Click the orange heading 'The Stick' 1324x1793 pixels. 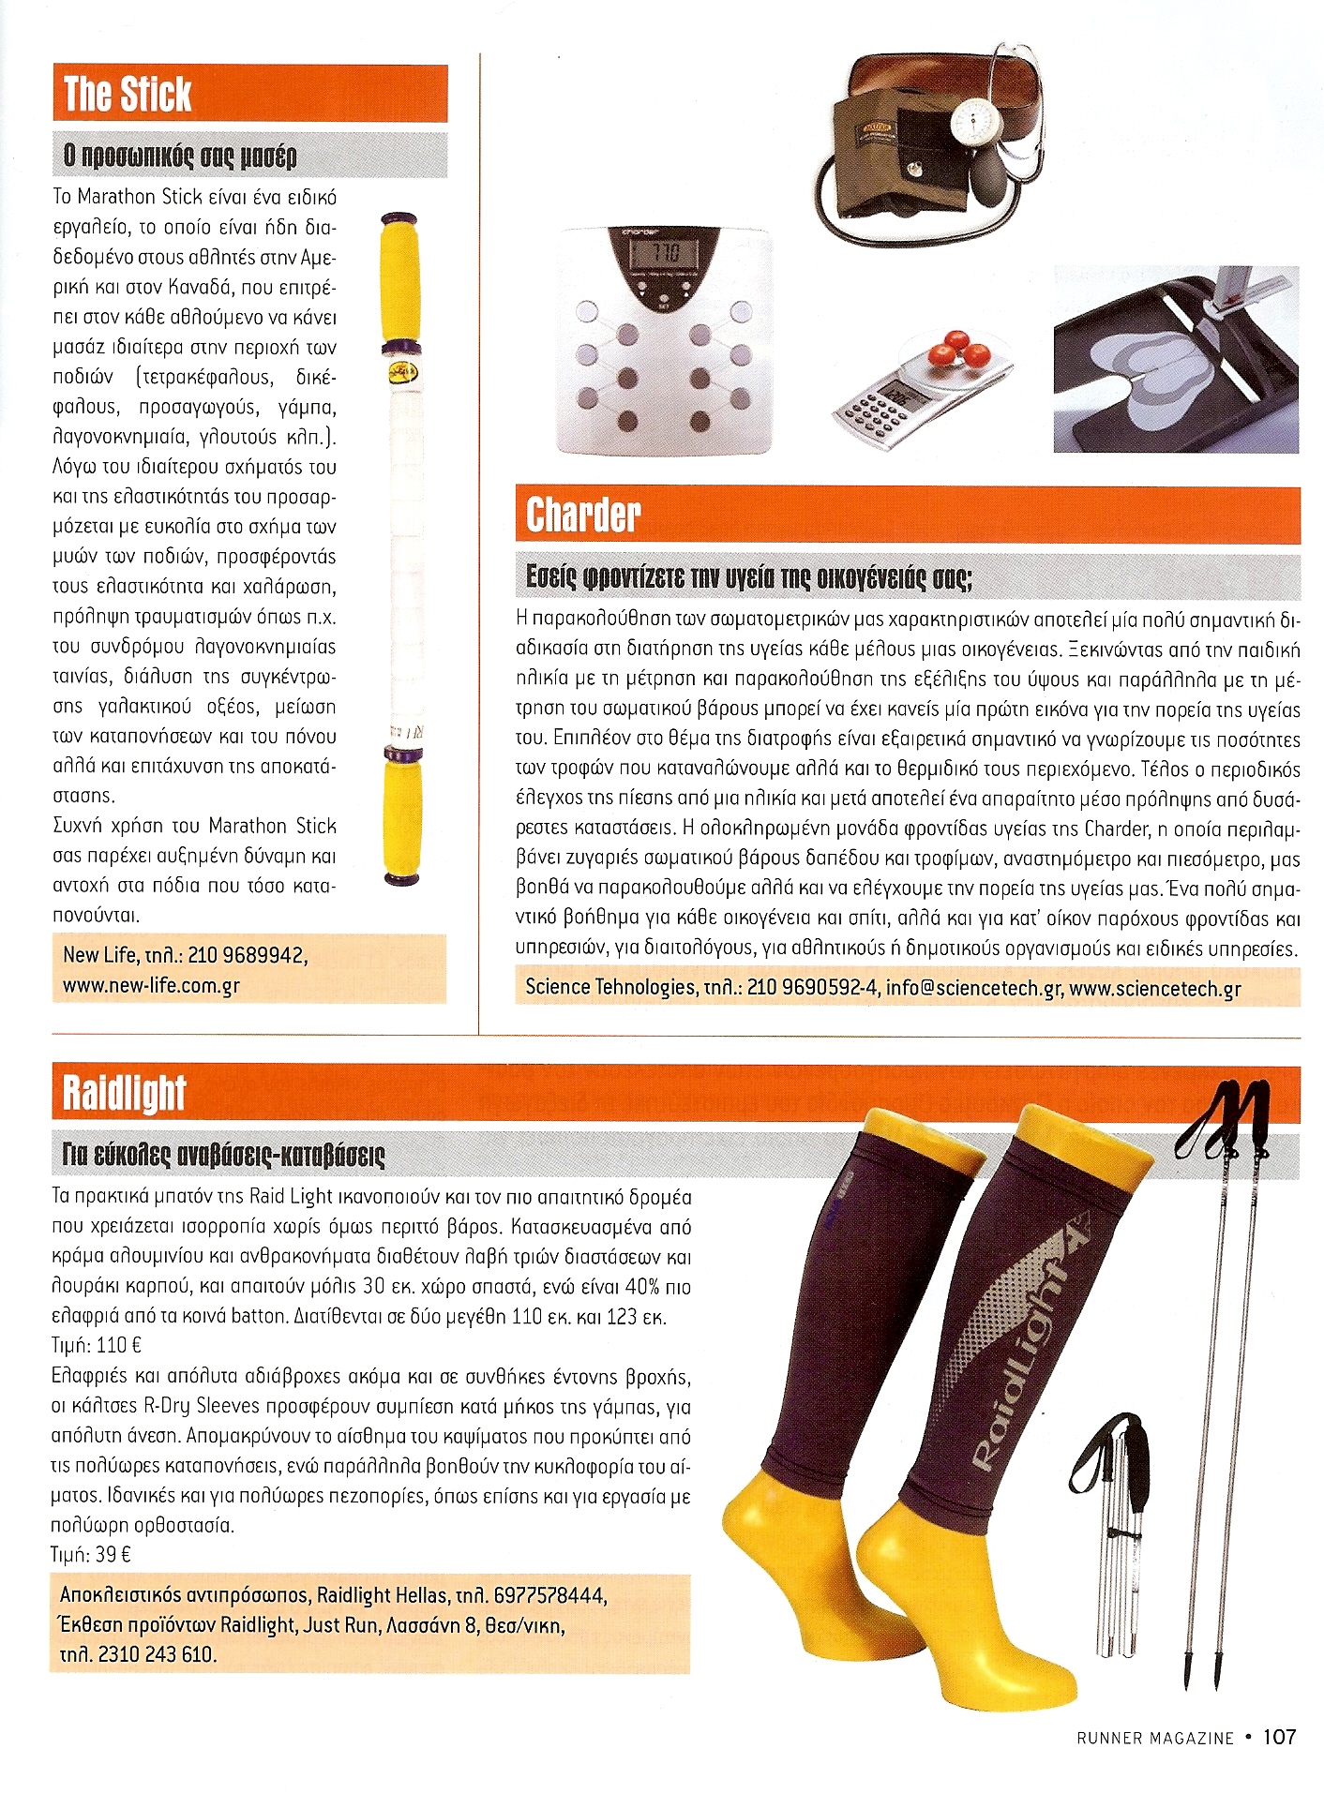(128, 94)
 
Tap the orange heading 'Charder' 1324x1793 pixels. (583, 515)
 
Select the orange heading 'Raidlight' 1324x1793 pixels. (125, 1094)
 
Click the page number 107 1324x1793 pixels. (1279, 1737)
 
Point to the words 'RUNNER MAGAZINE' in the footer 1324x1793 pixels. (1154, 1738)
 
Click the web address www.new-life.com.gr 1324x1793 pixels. (152, 986)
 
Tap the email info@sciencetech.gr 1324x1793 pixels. (973, 987)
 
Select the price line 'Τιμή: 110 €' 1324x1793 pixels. (97, 1346)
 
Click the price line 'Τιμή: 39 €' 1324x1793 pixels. (91, 1555)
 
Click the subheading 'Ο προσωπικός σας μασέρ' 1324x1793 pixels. (179, 156)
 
